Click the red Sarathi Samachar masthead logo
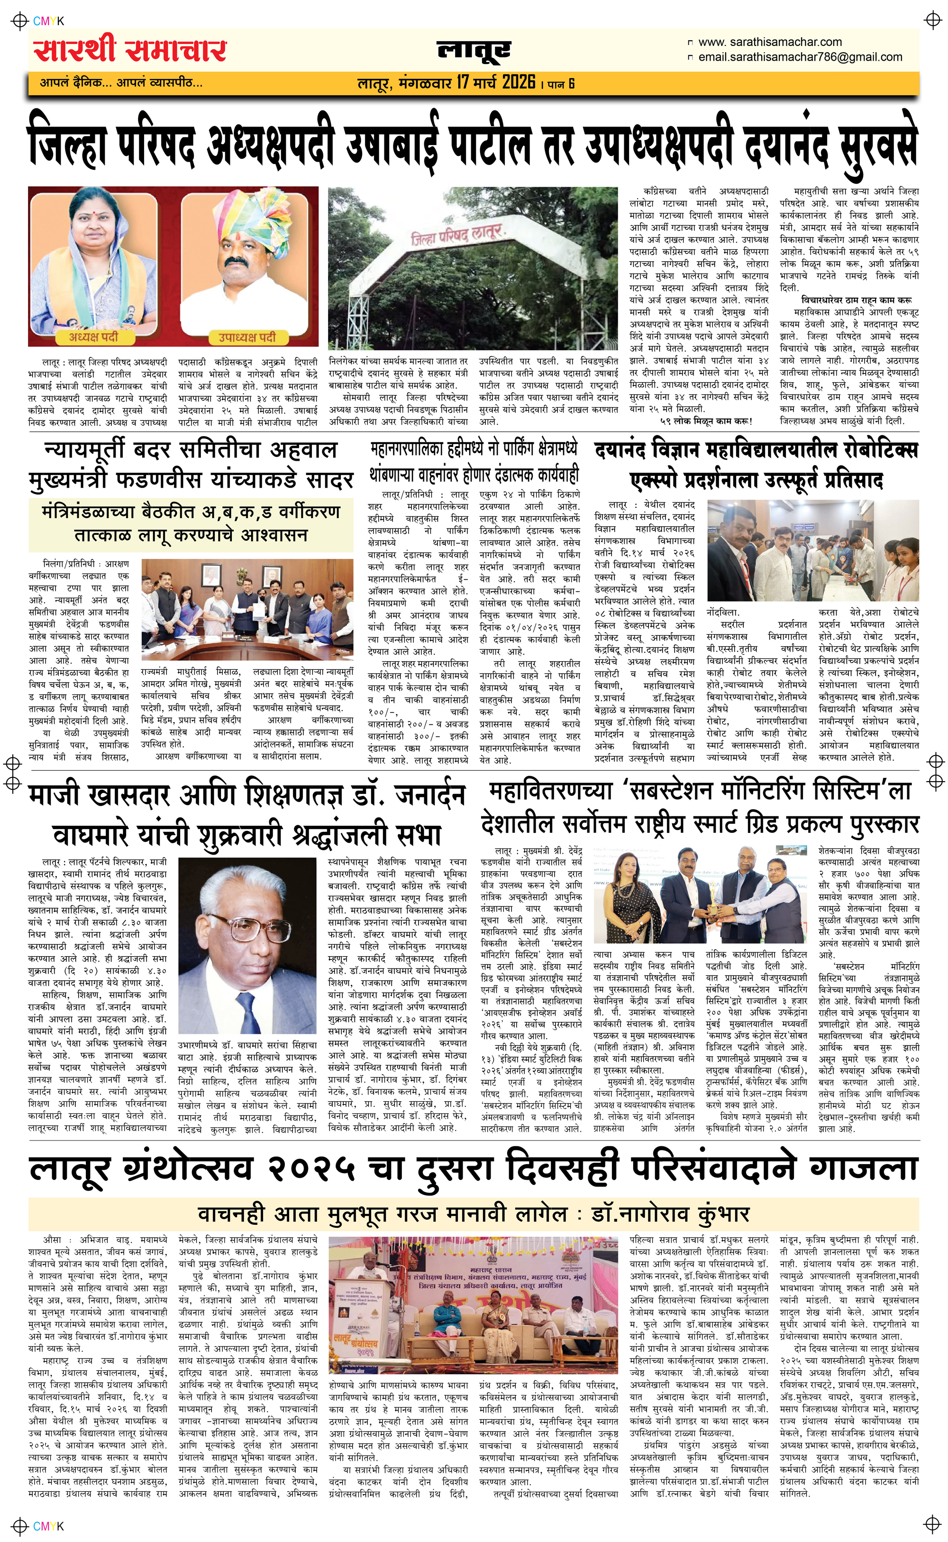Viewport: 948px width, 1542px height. (130, 50)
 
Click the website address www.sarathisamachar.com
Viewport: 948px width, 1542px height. (770, 42)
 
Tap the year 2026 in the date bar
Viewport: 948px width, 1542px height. (518, 82)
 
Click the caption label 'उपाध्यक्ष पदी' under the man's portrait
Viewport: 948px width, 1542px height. (246, 337)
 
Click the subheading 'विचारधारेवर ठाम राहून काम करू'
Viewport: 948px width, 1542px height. (857, 300)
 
